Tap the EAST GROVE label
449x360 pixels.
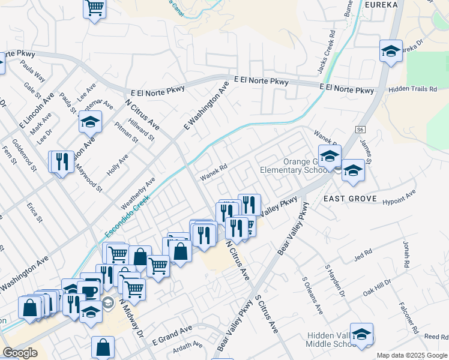pyautogui.click(x=351, y=199)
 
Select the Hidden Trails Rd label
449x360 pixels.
pyautogui.click(x=412, y=89)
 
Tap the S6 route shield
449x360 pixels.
pyautogui.click(x=360, y=130)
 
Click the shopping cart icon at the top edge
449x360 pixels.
pyautogui.click(x=94, y=8)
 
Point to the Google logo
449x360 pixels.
pyautogui.click(x=20, y=353)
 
